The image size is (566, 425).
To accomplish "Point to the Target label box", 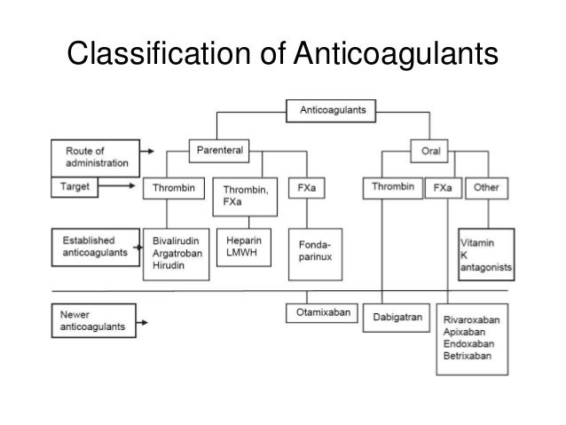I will click(92, 188).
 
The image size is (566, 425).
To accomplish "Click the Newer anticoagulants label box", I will click(92, 319).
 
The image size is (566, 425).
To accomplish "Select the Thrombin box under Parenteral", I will click(173, 187).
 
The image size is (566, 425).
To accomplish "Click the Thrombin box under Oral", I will click(391, 187).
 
